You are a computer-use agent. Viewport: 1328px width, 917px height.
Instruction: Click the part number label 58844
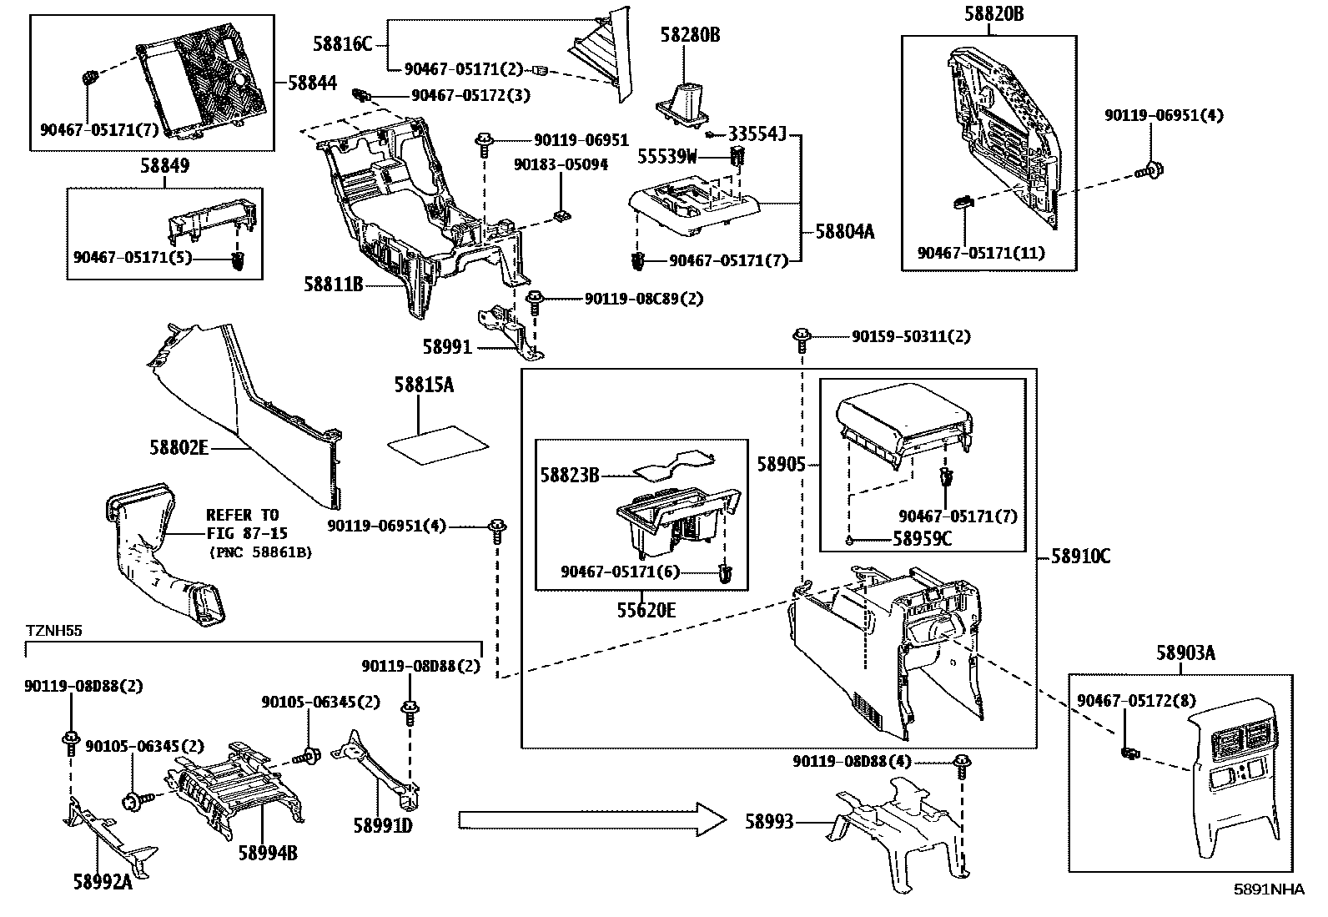pyautogui.click(x=312, y=83)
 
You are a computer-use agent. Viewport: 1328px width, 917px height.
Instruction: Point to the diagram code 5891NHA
pyautogui.click(x=1269, y=889)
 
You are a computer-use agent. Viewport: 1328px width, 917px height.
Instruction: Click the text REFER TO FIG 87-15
pyautogui.click(x=243, y=523)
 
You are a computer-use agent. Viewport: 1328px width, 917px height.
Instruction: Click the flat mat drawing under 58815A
pyautogui.click(x=439, y=442)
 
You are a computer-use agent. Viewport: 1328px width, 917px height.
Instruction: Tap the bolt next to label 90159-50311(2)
pyautogui.click(x=802, y=338)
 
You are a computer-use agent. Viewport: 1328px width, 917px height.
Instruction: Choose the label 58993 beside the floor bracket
pyautogui.click(x=769, y=823)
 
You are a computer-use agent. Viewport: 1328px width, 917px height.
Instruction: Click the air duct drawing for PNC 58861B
pyautogui.click(x=163, y=555)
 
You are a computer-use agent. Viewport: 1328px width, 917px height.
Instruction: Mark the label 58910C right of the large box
pyautogui.click(x=1080, y=557)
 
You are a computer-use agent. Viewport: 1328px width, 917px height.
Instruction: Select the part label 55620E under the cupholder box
pyautogui.click(x=646, y=610)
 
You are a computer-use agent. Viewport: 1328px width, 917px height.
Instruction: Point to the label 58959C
pyautogui.click(x=922, y=539)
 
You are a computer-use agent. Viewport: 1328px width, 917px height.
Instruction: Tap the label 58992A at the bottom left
pyautogui.click(x=103, y=882)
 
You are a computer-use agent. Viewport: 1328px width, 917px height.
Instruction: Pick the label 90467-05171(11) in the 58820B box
pyautogui.click(x=981, y=252)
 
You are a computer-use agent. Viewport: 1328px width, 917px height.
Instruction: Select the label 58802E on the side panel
pyautogui.click(x=179, y=448)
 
